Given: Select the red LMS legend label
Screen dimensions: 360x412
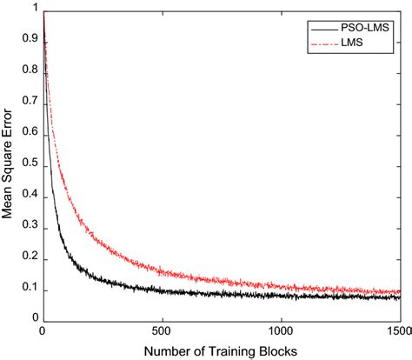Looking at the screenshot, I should click(x=348, y=41).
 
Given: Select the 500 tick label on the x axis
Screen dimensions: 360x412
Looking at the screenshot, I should click(x=162, y=331).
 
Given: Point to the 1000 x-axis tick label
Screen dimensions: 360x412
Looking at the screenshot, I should click(x=281, y=331).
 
